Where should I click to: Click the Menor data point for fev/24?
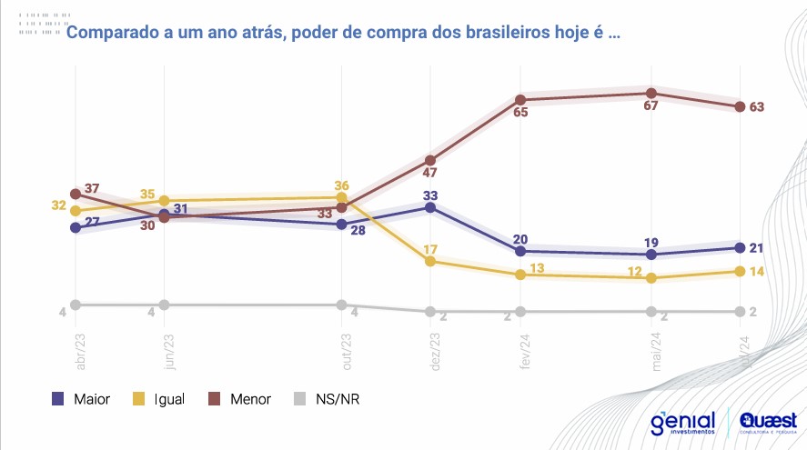point(520,99)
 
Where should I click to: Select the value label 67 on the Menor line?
point(651,106)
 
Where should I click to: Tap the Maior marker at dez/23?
point(431,207)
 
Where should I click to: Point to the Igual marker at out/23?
point(341,197)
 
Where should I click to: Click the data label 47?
point(431,173)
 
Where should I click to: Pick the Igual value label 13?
point(538,268)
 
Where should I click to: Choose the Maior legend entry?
point(81,398)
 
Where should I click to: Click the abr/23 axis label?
point(80,350)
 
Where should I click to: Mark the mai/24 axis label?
point(655,350)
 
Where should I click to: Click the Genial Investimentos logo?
point(683,424)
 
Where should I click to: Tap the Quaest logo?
point(769,424)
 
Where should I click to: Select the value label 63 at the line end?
point(756,107)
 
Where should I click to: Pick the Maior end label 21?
point(756,247)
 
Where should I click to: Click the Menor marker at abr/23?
point(76,194)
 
